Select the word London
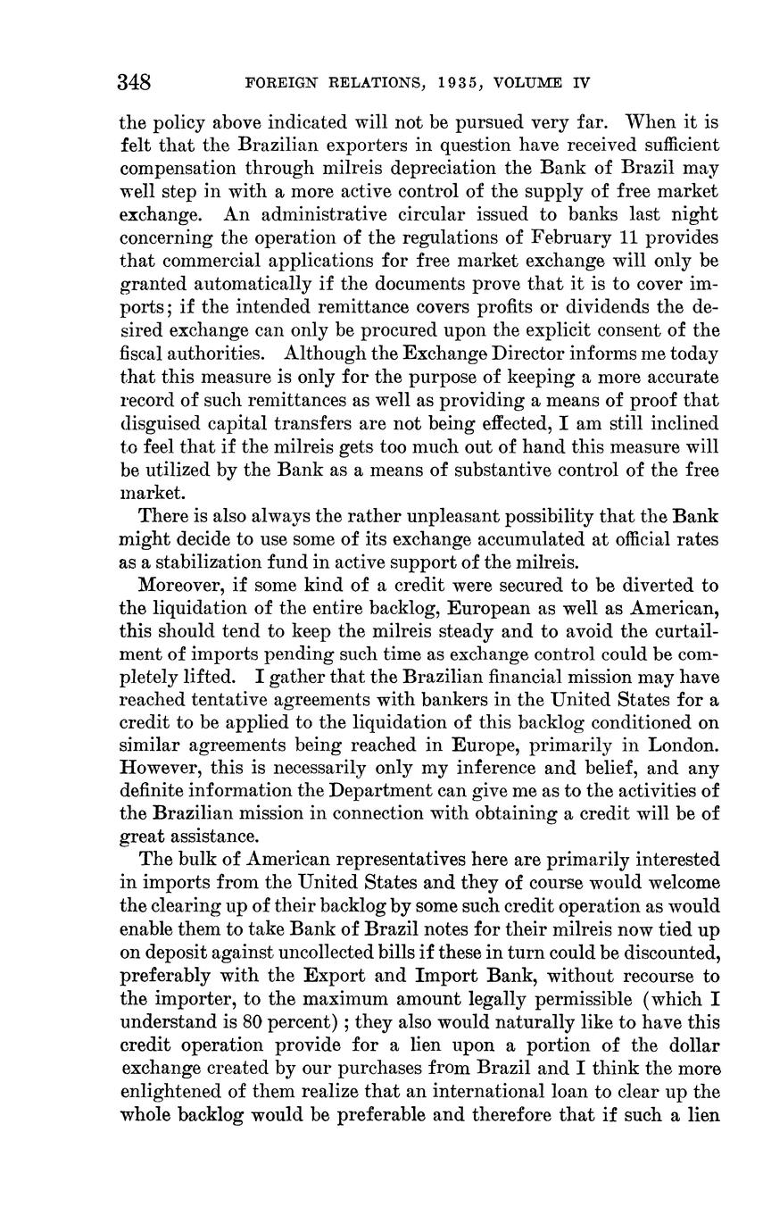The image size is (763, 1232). point(684,745)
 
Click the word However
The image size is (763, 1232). point(156,768)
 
